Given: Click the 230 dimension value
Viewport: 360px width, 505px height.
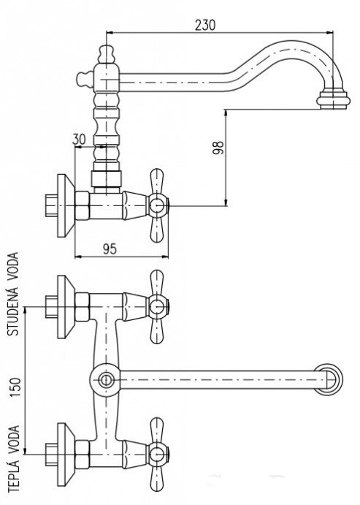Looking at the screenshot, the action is point(205,25).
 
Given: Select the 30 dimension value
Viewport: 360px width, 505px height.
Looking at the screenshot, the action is point(79,139).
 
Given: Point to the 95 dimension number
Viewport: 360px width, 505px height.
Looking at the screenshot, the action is point(110,248).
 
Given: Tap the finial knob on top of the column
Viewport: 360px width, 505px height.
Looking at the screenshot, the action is point(107,54).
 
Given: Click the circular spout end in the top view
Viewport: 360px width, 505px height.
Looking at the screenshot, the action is point(329,380).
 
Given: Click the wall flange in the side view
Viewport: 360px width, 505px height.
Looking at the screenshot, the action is point(66,206).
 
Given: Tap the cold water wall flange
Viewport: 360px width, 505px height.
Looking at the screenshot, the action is point(66,307).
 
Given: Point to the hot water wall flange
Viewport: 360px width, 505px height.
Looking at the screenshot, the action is point(66,455).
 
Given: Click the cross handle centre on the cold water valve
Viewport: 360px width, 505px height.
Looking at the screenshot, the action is point(157,306).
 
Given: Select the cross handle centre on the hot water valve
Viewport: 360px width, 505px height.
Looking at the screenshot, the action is point(157,454).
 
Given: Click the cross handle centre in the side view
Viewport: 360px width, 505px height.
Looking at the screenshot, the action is point(157,205).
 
